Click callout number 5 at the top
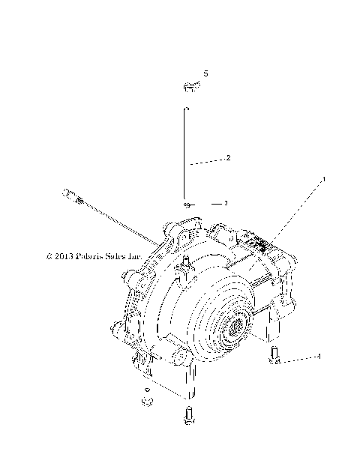pos(206,74)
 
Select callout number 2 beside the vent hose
pos(228,158)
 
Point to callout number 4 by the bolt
pos(319,357)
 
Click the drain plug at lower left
pos(147,402)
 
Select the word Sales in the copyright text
pos(119,255)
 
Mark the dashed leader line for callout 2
pos(205,162)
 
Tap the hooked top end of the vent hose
pos(186,109)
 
